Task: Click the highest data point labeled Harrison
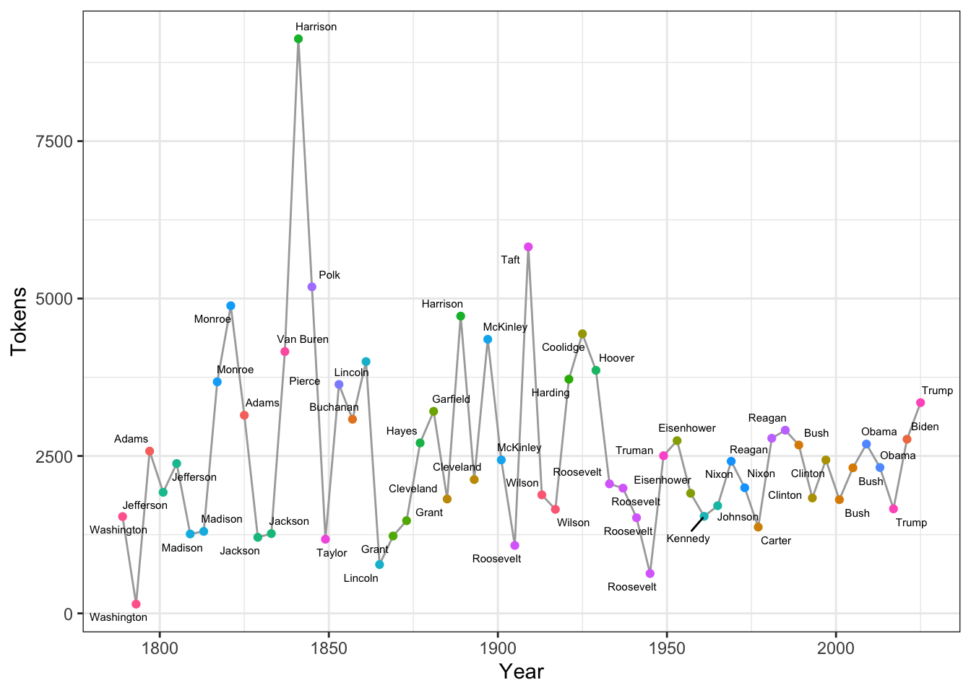(298, 39)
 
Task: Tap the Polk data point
(312, 287)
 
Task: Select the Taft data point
(528, 247)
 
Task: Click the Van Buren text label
(303, 339)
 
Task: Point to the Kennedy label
(688, 539)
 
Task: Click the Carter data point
(758, 527)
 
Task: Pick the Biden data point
(907, 440)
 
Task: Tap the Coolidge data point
(582, 334)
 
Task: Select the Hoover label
(616, 358)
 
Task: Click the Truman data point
(663, 456)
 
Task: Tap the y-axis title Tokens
(20, 321)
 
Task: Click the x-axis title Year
(521, 672)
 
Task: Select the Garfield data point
(433, 411)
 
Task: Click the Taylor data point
(325, 539)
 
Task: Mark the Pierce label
(304, 381)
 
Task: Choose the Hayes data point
(420, 443)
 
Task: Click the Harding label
(551, 393)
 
